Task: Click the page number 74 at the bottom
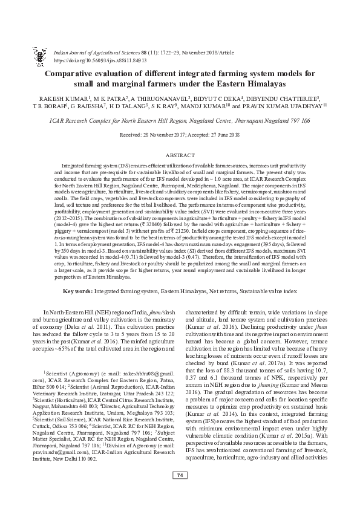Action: (x=180, y=493)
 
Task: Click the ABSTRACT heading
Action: (x=180, y=155)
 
